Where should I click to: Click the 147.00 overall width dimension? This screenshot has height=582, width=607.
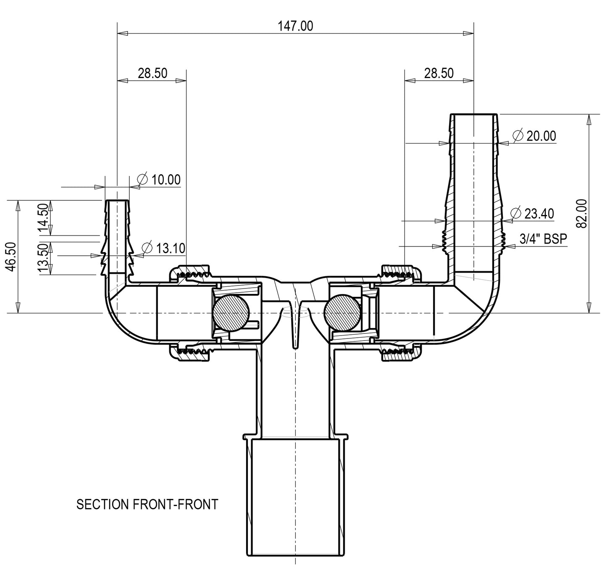pos(295,26)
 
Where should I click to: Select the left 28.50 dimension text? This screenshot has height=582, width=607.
pos(152,73)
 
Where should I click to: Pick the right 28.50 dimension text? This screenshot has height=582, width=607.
pos(439,73)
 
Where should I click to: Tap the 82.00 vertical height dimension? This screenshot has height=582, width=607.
pos(582,214)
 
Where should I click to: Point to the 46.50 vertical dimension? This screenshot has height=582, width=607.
pos(12,257)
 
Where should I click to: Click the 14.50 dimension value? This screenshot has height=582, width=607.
pos(43,218)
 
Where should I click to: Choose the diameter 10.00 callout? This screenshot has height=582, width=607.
pos(159,180)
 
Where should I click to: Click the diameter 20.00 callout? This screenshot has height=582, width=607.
pos(534,136)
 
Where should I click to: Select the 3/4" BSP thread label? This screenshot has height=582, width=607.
pos(543,239)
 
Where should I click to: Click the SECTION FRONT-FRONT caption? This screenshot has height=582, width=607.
pos(147,504)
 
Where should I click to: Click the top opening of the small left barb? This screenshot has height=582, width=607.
pos(117,201)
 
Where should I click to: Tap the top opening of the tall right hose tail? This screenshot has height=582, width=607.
pos(473,114)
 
